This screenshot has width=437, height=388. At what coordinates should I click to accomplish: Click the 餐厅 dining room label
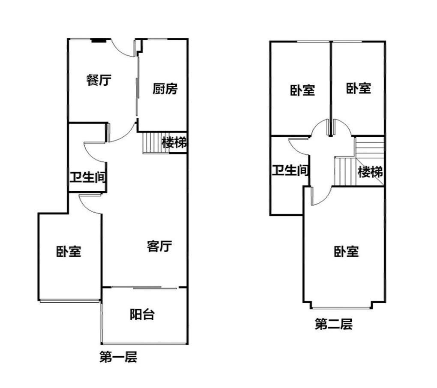tap(99, 80)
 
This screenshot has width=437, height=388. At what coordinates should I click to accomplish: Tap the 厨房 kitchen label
tap(165, 89)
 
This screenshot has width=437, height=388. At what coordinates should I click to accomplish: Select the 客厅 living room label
tap(159, 246)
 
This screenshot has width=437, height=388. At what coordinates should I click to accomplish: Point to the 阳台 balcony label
tap(142, 314)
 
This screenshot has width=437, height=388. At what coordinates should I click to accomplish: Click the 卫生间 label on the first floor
tap(88, 177)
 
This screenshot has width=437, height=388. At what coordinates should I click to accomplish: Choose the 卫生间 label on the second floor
tap(290, 170)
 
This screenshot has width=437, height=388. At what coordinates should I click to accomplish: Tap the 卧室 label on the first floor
tap(69, 251)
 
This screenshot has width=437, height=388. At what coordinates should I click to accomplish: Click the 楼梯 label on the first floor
tap(174, 143)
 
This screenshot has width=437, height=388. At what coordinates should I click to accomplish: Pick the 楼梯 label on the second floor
tap(370, 172)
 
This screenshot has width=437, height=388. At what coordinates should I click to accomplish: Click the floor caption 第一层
tap(118, 357)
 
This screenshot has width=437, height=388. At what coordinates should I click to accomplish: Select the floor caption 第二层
tap(334, 324)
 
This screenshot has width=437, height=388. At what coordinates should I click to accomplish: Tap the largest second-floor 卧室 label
tap(346, 251)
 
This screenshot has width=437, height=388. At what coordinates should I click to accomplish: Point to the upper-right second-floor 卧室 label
tap(359, 88)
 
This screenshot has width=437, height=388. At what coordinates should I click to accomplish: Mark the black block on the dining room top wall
tap(99, 41)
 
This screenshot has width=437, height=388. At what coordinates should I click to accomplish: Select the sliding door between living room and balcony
tap(144, 287)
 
